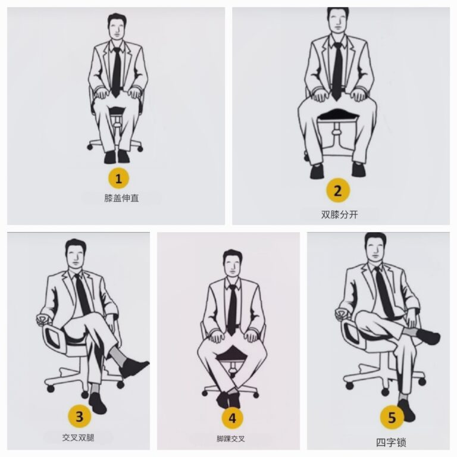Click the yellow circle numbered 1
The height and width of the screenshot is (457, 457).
[x=118, y=178]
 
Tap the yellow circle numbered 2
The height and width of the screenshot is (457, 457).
[x=338, y=191]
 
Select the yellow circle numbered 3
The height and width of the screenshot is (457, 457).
[x=80, y=416]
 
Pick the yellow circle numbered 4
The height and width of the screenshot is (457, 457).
[x=232, y=418]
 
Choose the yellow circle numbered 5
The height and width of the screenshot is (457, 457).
[x=392, y=417]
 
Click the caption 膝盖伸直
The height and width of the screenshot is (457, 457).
[x=121, y=198]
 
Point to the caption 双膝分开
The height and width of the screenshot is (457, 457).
[x=339, y=214]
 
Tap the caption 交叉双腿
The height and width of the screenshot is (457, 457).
[x=78, y=437]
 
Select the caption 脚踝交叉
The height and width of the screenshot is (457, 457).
[x=230, y=439]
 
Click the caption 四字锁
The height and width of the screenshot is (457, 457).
[x=392, y=443]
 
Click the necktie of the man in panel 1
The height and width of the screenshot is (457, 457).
[x=117, y=72]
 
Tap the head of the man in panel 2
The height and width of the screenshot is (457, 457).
[x=338, y=20]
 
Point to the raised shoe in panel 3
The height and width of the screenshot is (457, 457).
[x=134, y=367]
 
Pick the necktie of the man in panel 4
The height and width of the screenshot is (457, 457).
[x=232, y=310]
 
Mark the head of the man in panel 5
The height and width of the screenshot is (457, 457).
[x=376, y=248]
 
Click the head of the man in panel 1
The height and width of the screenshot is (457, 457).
[x=117, y=26]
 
